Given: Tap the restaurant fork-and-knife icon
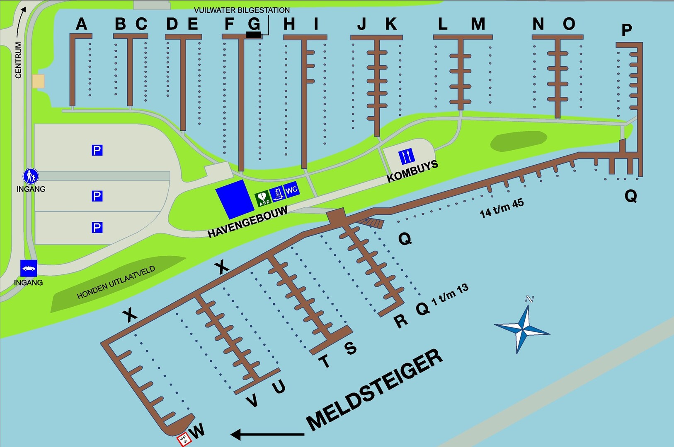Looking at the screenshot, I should (406, 156).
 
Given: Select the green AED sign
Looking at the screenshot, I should (263, 198).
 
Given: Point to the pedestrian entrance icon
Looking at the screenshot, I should (30, 176).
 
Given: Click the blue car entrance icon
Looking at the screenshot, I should (29, 268).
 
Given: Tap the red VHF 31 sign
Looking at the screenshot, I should (184, 440).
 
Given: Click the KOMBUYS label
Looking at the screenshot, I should (412, 171).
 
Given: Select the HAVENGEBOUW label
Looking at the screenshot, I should (247, 222).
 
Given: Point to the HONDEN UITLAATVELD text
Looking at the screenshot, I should (116, 282).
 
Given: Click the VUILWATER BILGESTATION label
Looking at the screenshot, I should (242, 10).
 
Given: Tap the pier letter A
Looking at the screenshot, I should (82, 24).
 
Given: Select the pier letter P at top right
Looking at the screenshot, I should (626, 30).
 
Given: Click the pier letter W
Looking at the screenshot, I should (198, 430).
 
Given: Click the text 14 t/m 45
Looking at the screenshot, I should (502, 208).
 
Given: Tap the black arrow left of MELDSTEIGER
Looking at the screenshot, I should (267, 435).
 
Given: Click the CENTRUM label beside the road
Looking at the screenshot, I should (18, 60).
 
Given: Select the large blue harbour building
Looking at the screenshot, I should (235, 199).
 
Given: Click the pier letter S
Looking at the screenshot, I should (351, 348).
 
